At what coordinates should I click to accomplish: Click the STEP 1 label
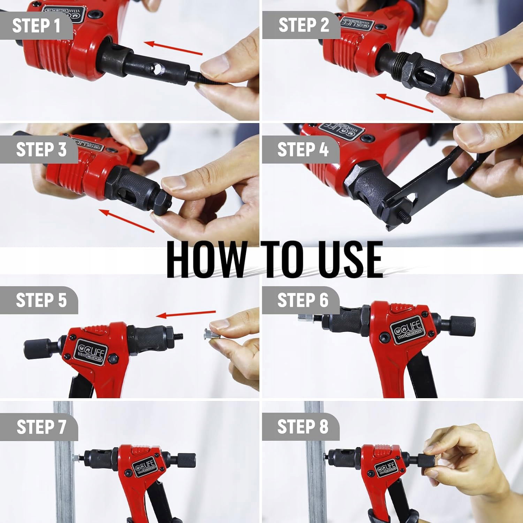click(36, 26)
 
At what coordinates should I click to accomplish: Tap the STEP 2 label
click(304, 25)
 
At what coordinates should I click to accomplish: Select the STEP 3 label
click(41, 150)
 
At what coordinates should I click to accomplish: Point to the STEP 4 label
click(303, 150)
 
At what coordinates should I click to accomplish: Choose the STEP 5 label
click(41, 301)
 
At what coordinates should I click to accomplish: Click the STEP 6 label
click(303, 301)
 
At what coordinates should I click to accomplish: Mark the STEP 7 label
click(41, 427)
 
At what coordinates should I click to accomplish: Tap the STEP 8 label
click(303, 427)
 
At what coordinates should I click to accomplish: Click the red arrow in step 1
click(173, 48)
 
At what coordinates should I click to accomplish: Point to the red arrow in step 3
click(127, 220)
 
